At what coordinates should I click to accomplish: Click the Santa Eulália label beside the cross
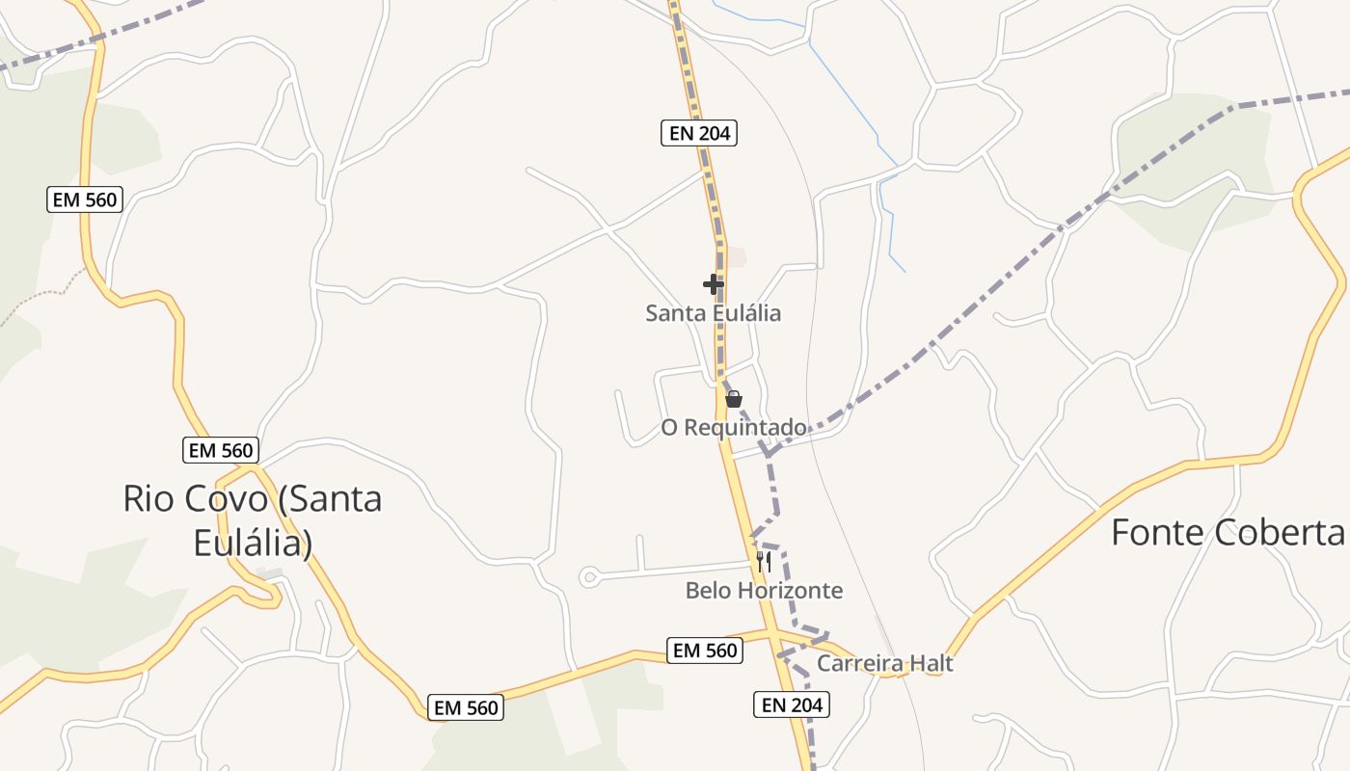713,313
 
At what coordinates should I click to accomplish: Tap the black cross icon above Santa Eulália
714,284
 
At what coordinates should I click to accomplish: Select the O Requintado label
734,427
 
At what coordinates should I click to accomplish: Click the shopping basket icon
734,399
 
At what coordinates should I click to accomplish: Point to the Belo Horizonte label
764,590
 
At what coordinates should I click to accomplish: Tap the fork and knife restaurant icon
763,562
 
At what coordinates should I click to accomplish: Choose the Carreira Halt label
884,663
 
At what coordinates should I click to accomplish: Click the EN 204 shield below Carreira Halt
791,705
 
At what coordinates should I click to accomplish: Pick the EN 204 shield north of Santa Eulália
699,133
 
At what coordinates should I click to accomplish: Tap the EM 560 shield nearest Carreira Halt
705,651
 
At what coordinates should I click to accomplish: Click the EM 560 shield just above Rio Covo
221,450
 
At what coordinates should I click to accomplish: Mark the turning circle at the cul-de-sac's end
588,577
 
